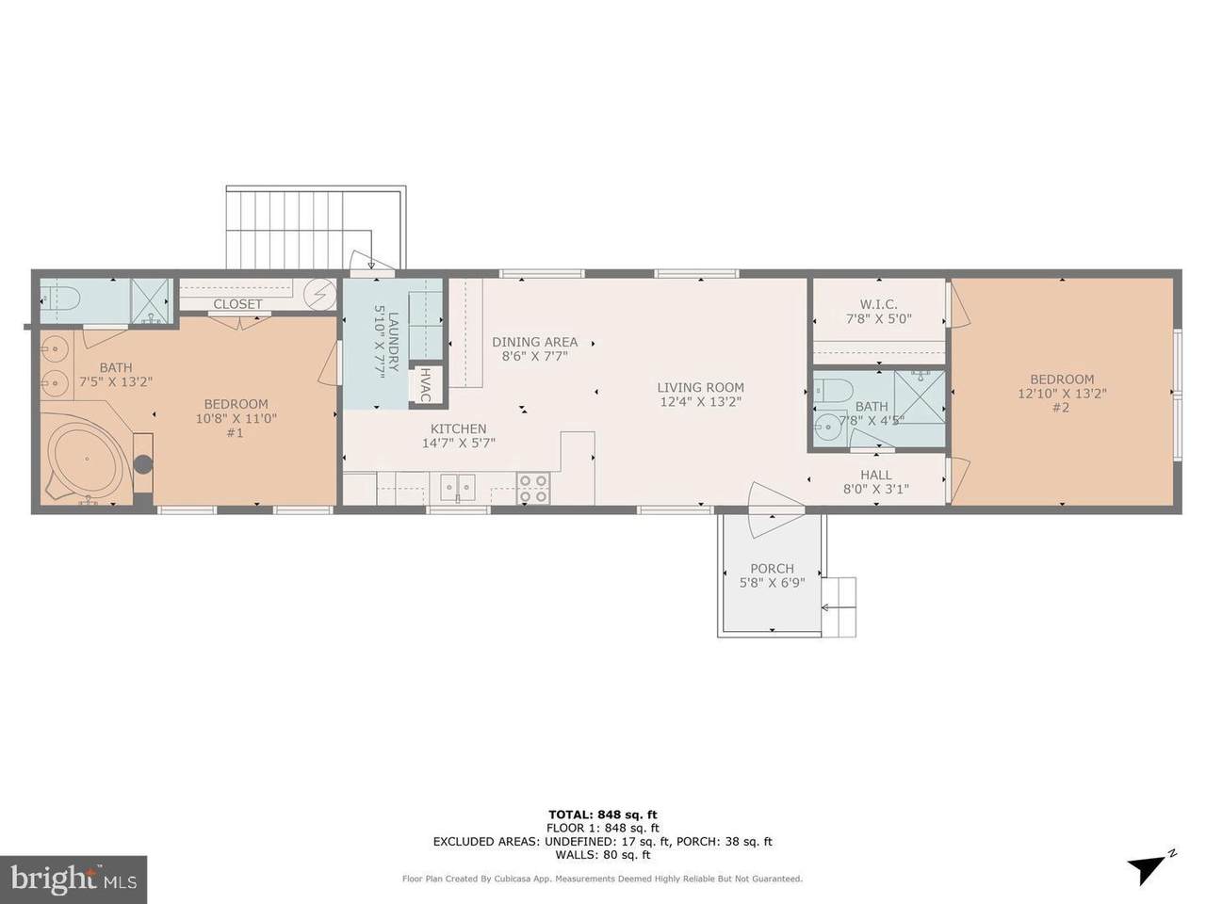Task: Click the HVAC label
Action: tap(425, 385)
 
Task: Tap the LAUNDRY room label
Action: tap(394, 341)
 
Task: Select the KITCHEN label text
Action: tap(458, 428)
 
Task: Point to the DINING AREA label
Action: tap(534, 342)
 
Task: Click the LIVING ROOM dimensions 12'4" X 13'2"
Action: tap(701, 402)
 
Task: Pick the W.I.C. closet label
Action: tap(878, 304)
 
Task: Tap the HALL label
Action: tap(876, 475)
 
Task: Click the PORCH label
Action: tap(772, 568)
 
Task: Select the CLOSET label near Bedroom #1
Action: tap(238, 304)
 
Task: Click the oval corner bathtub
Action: tap(87, 459)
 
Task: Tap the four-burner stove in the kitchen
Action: tap(533, 489)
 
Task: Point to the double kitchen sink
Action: tap(457, 488)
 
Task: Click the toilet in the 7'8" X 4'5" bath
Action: tap(834, 390)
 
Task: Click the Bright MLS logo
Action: tap(73, 880)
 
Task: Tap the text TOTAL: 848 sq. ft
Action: tap(603, 814)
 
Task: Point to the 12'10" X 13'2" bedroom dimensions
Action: tap(1062, 393)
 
